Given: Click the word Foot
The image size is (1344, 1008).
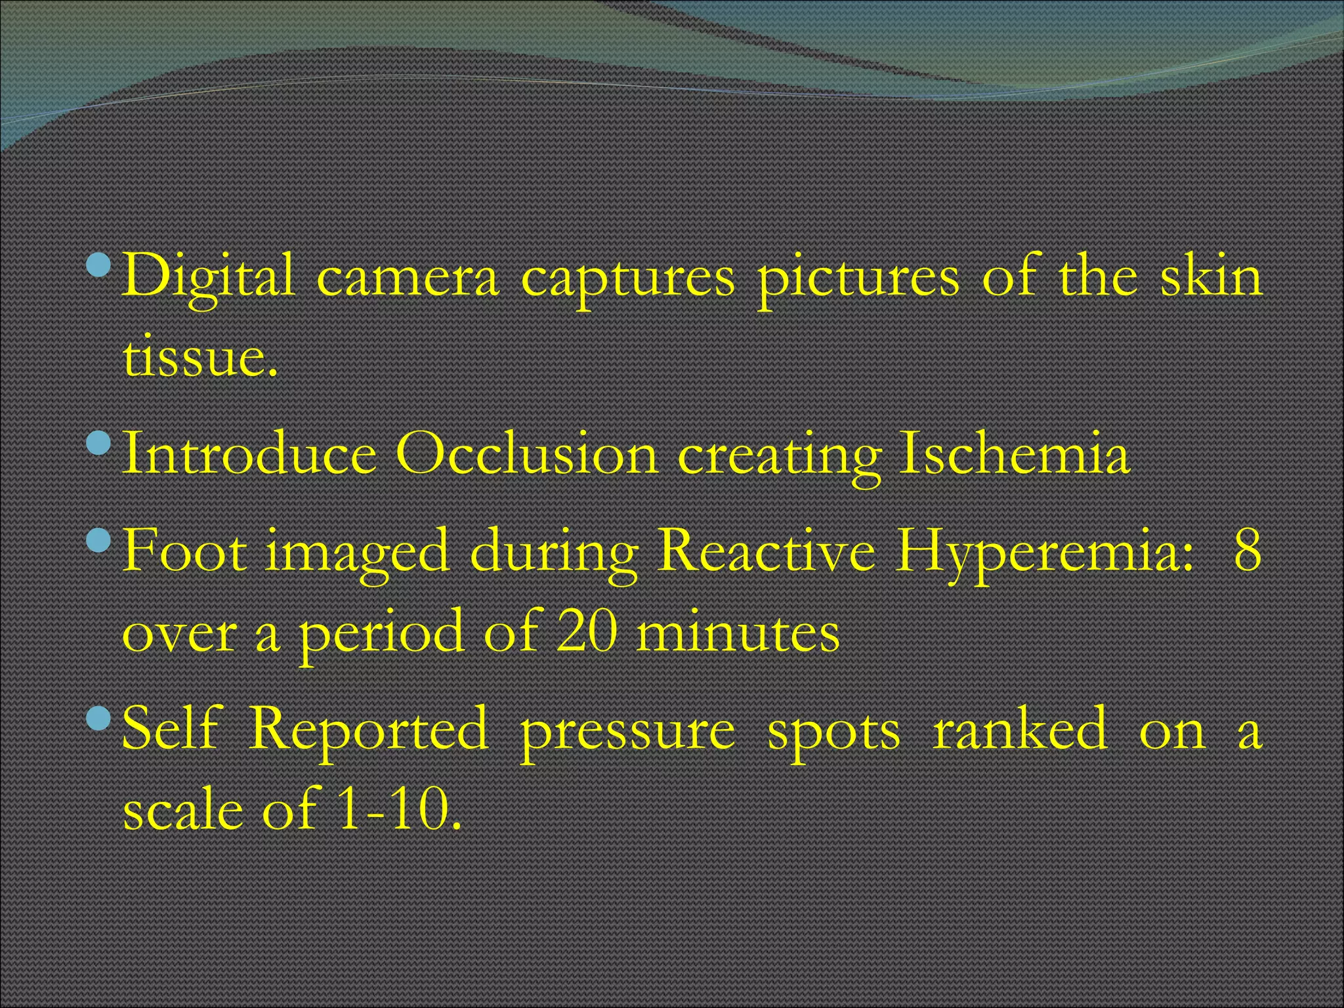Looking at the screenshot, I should (185, 551).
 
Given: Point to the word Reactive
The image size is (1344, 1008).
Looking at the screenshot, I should (766, 551).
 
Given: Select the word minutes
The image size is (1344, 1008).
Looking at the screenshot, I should (738, 633).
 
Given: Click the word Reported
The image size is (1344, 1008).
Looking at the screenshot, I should (369, 730).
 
